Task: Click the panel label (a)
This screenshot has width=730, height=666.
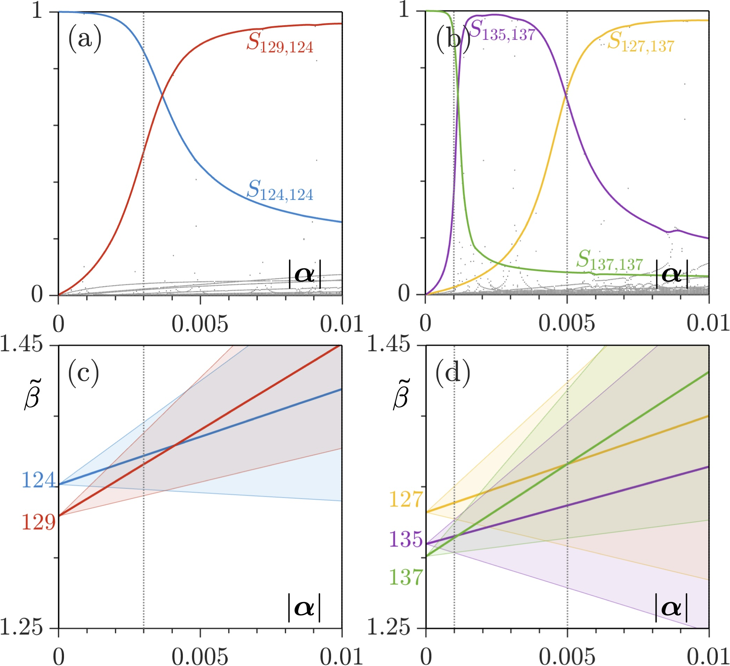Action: click(85, 40)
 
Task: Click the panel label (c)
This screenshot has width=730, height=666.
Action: click(84, 373)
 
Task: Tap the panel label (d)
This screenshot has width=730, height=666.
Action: click(453, 373)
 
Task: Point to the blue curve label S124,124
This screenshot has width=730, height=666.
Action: click(280, 191)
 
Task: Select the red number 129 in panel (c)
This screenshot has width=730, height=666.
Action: click(39, 522)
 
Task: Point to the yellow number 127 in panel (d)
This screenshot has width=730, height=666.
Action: click(406, 499)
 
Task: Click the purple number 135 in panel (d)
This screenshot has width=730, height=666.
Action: click(406, 539)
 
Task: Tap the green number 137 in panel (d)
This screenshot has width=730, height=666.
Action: click(406, 577)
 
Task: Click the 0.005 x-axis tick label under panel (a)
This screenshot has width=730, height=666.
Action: click(200, 324)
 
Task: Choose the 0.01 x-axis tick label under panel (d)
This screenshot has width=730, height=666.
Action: click(708, 656)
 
